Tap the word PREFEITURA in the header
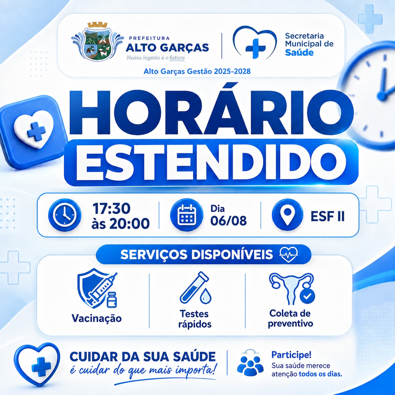coord(149,38)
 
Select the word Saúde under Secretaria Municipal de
coord(299,53)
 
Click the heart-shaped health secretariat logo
coord(255,43)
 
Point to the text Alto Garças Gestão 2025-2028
coord(197,71)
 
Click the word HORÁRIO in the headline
coord(211,112)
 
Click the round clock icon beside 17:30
coord(65,215)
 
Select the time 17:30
coord(111,208)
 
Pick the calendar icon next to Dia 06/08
coord(187,215)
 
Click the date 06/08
coord(228,221)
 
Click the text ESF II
coord(327,216)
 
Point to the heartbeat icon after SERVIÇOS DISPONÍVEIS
coord(289,254)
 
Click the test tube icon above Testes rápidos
coord(195,288)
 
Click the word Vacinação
coord(97,318)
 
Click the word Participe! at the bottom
coord(291,355)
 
